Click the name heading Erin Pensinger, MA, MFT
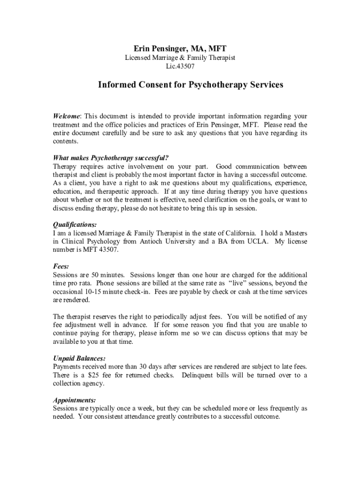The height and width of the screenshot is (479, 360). point(180,49)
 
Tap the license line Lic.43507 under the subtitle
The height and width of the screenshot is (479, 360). point(180,66)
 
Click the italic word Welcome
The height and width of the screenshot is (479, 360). point(67,116)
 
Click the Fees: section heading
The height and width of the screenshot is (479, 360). point(61,266)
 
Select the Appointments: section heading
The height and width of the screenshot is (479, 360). point(74,400)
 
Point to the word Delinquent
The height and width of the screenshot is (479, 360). point(199,375)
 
